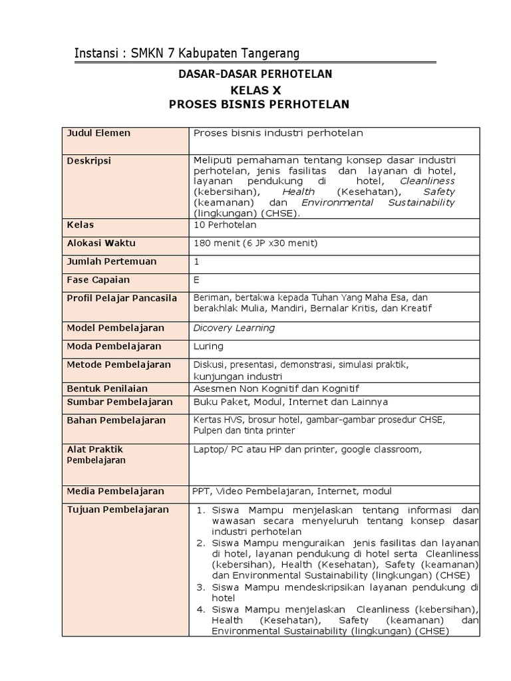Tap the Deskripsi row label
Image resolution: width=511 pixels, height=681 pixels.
pyautogui.click(x=88, y=161)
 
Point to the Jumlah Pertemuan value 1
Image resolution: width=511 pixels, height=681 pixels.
pyautogui.click(x=196, y=261)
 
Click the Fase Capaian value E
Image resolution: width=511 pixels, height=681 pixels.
pyautogui.click(x=196, y=280)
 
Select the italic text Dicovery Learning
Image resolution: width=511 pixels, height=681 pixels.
pyautogui.click(x=234, y=328)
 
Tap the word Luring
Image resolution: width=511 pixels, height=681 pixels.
pyautogui.click(x=208, y=346)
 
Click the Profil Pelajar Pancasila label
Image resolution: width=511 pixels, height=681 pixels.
pyautogui.click(x=122, y=298)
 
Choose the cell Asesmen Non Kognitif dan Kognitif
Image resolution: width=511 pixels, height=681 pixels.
pyautogui.click(x=276, y=388)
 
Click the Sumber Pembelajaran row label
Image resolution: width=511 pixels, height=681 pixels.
pyautogui.click(x=119, y=402)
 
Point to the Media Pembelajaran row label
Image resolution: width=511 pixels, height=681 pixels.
pyautogui.click(x=115, y=491)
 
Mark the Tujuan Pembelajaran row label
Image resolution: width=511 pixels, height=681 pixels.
pyautogui.click(x=118, y=509)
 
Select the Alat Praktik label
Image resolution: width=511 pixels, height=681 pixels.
pyautogui.click(x=94, y=450)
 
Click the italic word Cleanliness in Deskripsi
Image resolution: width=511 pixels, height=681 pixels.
pyautogui.click(x=427, y=181)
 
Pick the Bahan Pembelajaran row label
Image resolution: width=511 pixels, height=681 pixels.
pyautogui.click(x=116, y=420)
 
